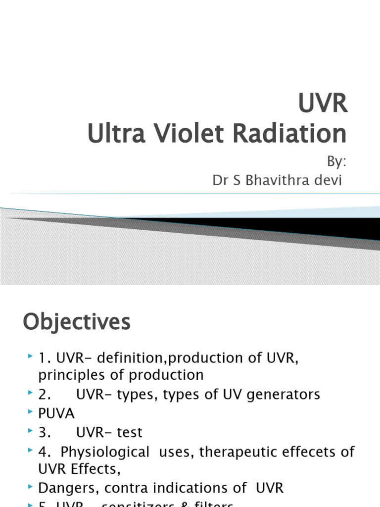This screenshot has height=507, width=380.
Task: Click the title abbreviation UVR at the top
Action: pyautogui.click(x=323, y=105)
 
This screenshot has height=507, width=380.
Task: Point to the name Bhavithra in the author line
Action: pyautogui.click(x=275, y=181)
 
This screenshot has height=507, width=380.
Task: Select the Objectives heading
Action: pyautogui.click(x=77, y=322)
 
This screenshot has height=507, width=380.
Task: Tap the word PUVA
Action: pyautogui.click(x=56, y=413)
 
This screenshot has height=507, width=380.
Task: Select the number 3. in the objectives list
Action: pyautogui.click(x=45, y=432)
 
